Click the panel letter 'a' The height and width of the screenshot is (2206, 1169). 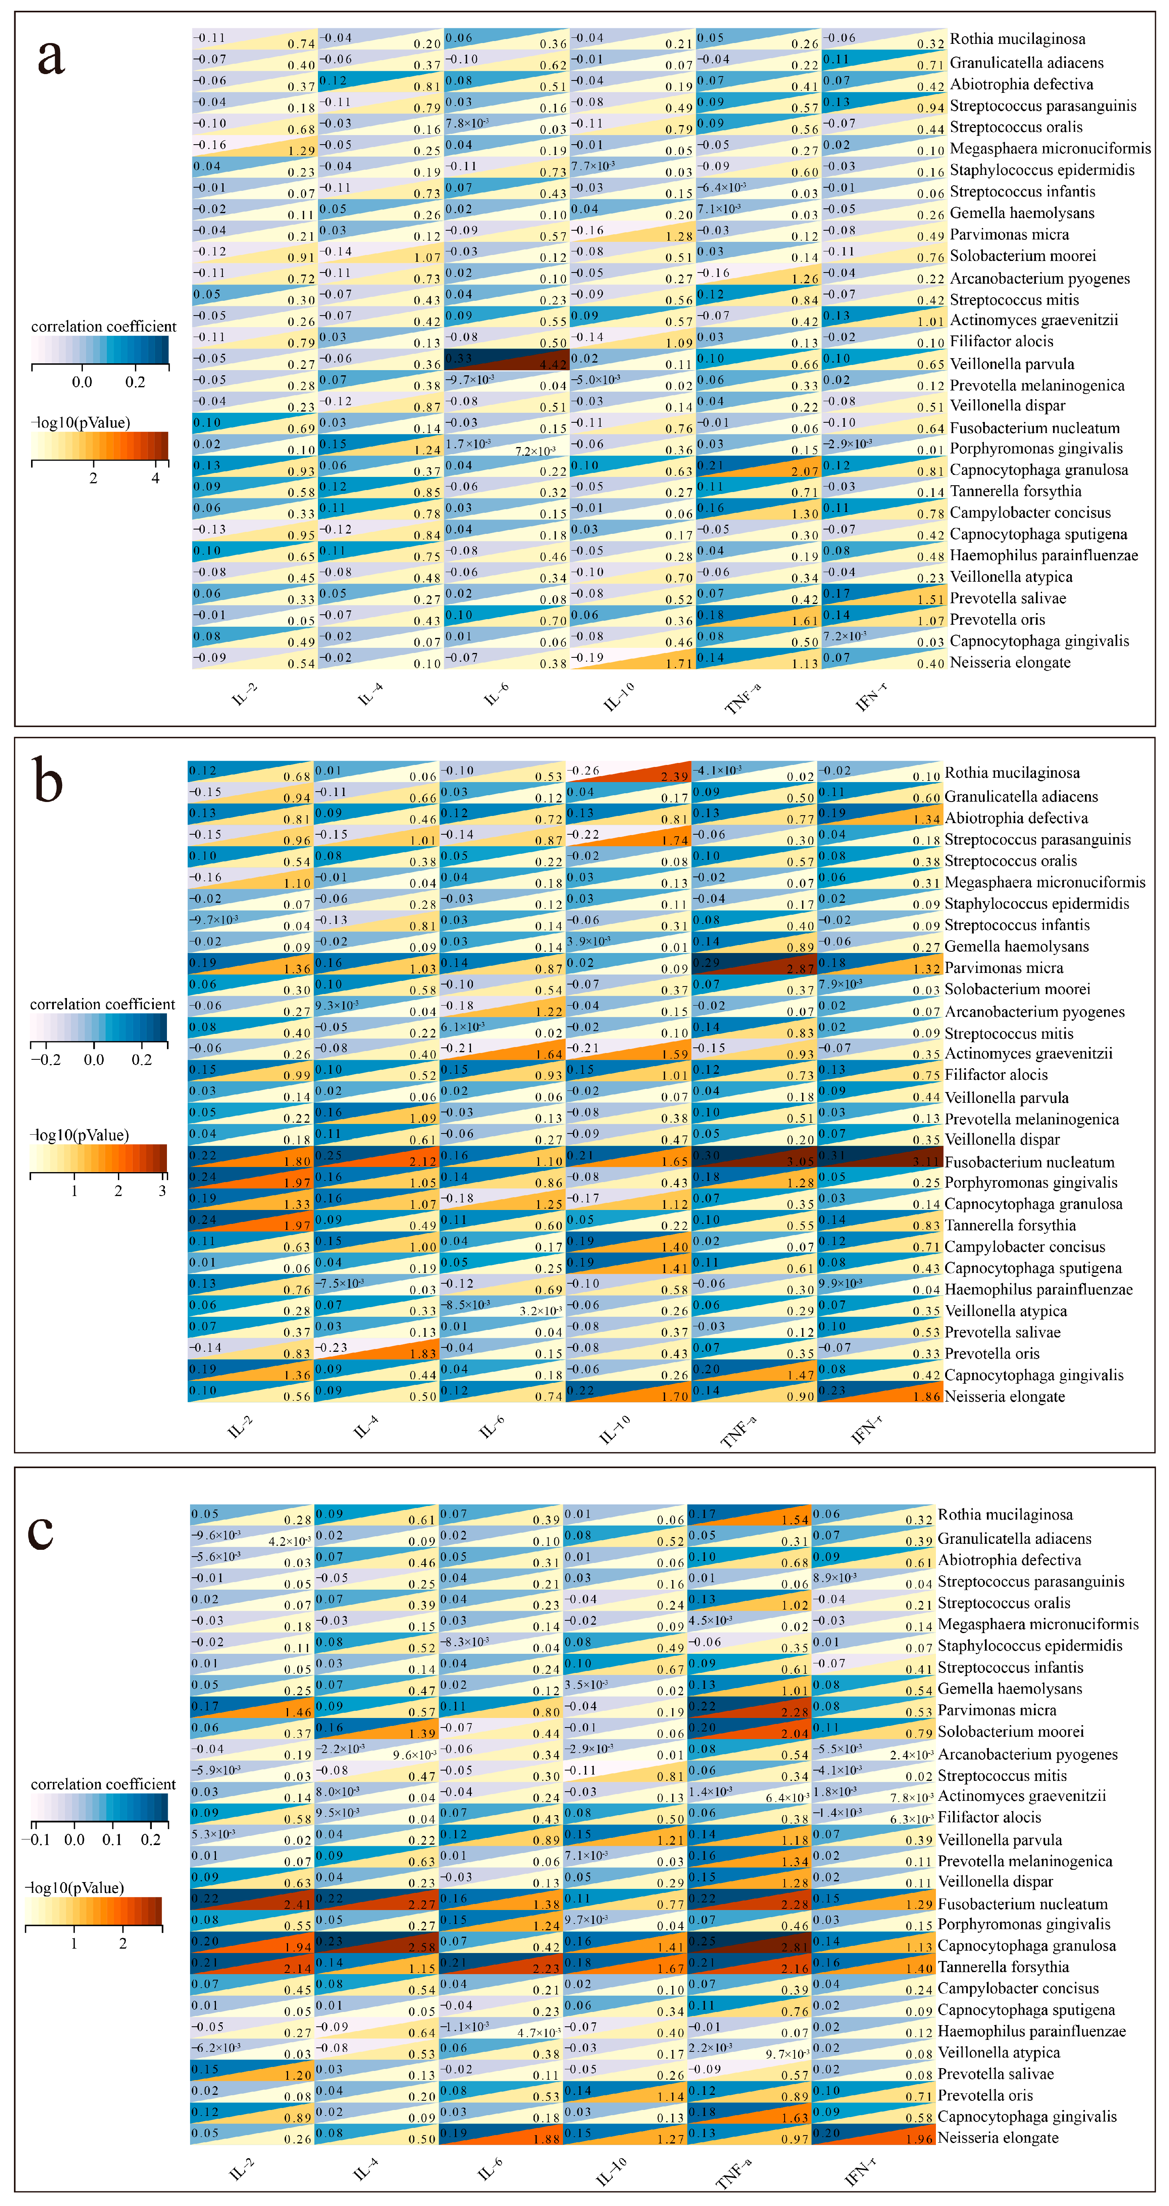pyautogui.click(x=51, y=58)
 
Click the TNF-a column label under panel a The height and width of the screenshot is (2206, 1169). pyautogui.click(x=743, y=698)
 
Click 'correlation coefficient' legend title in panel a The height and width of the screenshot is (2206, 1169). pyautogui.click(x=104, y=326)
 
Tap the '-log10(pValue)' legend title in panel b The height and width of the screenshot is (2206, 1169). pyautogui.click(x=80, y=1135)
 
